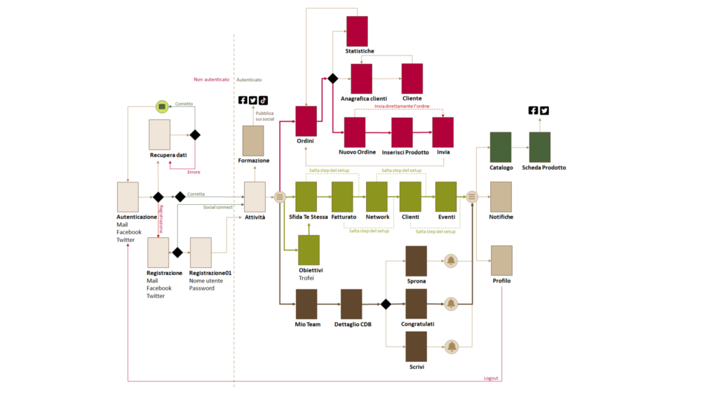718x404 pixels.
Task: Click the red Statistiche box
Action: (x=357, y=31)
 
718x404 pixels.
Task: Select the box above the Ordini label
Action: (x=306, y=121)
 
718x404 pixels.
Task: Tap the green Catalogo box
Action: (x=501, y=147)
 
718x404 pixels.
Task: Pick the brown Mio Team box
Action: (x=306, y=304)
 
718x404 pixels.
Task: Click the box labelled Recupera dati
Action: (x=159, y=135)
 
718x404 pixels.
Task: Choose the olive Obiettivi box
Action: (x=309, y=250)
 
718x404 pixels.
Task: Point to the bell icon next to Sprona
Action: (x=451, y=261)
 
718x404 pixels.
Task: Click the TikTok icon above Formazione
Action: (x=263, y=100)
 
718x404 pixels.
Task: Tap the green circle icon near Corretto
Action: (x=162, y=107)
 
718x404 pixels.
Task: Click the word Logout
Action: (x=491, y=378)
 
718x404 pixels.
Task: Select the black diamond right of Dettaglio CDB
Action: (x=386, y=304)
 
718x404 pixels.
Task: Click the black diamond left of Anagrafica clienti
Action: (x=333, y=79)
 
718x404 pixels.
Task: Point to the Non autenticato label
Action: (x=212, y=80)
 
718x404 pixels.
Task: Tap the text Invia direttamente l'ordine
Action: (x=402, y=107)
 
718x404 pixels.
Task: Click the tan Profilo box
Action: (x=501, y=261)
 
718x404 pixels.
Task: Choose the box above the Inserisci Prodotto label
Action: (x=402, y=133)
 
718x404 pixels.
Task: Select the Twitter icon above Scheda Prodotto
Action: (x=544, y=110)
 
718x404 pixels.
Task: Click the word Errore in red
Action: (x=194, y=173)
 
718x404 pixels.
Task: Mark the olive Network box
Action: (x=377, y=196)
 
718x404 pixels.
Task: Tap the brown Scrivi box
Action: (x=416, y=346)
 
